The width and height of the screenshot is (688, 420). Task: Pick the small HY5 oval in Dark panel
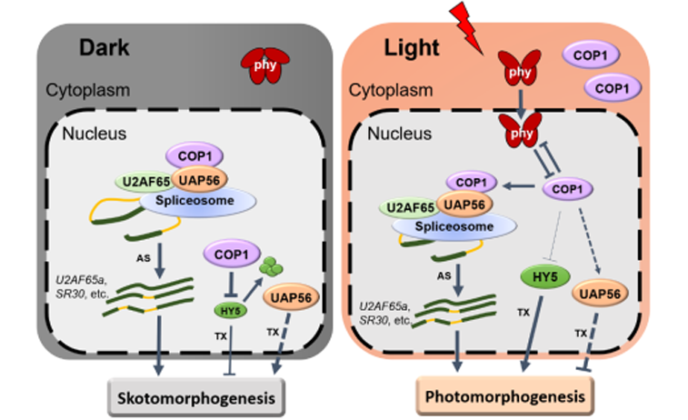(230, 310)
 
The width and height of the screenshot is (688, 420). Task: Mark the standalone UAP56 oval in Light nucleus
(601, 293)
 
